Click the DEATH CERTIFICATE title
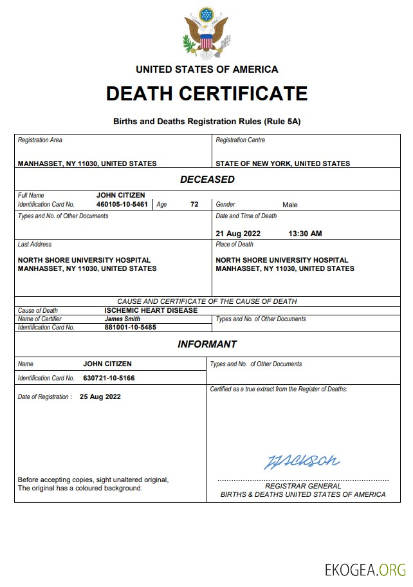pos(206,94)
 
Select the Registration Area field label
pos(40,140)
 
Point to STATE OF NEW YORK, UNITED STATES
pos(283,163)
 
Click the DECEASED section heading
pos(207,180)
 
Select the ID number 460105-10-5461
pos(122,204)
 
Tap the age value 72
pos(194,204)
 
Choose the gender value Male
pos(290,205)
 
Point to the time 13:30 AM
pos(306,234)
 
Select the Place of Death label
pos(235,245)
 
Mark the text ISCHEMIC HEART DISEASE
pos(151,310)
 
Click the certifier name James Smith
pos(123,319)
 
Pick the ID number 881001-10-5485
pos(131,327)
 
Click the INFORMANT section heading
pos(207,344)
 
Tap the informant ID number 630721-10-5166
pos(109,378)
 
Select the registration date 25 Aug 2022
pos(100,396)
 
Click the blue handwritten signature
pos(302,461)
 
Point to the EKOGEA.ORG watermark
pos(365,570)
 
